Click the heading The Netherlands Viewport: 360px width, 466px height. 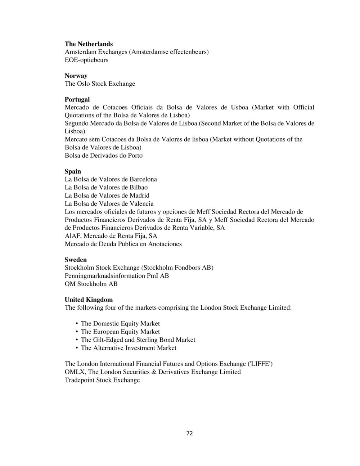coord(89,44)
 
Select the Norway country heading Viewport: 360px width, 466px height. coord(76,76)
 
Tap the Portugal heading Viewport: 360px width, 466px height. coord(77,99)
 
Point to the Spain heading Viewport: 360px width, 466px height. coord(73,171)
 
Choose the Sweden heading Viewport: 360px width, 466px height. coord(76,260)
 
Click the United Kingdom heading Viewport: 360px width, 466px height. coord(89,300)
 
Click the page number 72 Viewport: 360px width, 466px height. coord(190,433)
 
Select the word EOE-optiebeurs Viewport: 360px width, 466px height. coord(86,60)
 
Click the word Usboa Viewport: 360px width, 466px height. coord(239,107)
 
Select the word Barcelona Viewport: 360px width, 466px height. coord(143,179)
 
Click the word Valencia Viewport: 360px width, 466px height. coord(141,203)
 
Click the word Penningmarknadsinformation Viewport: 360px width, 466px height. coord(105,276)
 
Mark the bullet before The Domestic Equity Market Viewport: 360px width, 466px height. coord(77,324)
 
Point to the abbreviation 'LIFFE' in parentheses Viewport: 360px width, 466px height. coord(260,364)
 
